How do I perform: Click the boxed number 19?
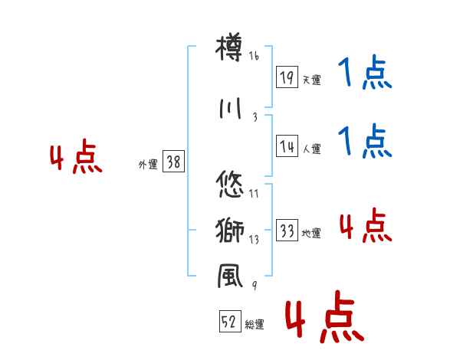tap(287, 77)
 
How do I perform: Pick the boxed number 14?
tap(287, 146)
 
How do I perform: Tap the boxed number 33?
tap(287, 231)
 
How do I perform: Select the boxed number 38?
tap(173, 162)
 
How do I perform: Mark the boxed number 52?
tap(228, 323)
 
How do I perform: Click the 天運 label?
tap(311, 80)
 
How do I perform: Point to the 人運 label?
tap(311, 149)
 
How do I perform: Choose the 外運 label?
tap(147, 164)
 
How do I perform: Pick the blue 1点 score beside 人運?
tap(365, 142)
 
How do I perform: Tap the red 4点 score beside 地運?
tap(365, 226)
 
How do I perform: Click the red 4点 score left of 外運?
tap(75, 159)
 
